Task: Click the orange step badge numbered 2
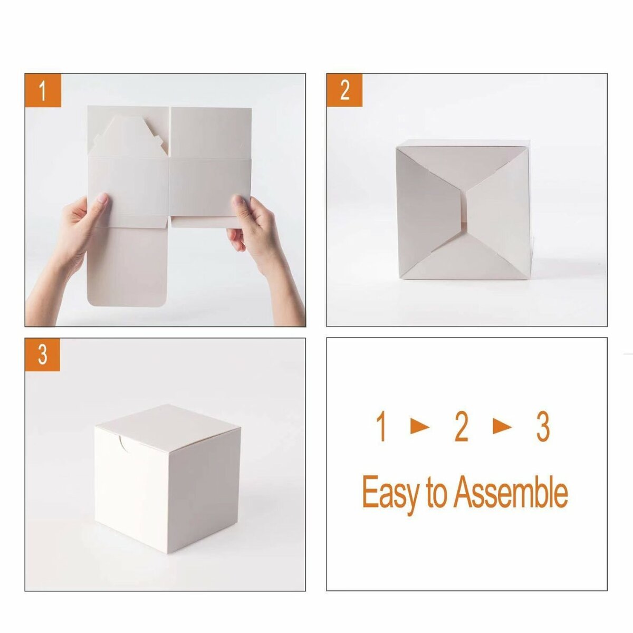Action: (344, 90)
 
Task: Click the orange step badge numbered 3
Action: (43, 354)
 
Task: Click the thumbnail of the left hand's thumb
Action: (102, 198)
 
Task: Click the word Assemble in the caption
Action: (511, 491)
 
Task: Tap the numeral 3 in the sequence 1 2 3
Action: (543, 427)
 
